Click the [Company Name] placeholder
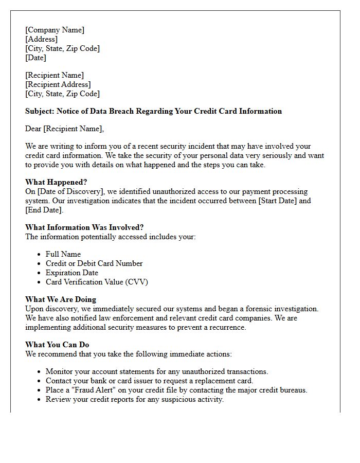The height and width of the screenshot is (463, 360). point(55,30)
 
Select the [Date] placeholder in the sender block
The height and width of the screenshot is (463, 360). point(36,58)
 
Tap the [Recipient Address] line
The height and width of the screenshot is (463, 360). point(58,84)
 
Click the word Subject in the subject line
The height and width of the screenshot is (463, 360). point(39,111)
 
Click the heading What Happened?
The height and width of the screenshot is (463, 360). point(56,182)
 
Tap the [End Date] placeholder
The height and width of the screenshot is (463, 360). point(44,210)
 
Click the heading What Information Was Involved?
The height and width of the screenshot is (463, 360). point(84,227)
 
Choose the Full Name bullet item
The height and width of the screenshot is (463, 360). point(63,254)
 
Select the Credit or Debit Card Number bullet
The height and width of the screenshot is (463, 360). point(94,263)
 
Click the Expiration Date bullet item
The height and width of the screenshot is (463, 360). point(72,273)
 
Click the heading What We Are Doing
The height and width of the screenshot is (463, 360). point(61,299)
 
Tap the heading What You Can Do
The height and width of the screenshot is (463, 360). point(58,345)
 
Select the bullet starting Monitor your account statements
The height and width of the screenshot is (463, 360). point(157,371)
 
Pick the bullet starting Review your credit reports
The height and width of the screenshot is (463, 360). point(135,399)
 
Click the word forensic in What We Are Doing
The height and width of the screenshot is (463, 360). point(259,309)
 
